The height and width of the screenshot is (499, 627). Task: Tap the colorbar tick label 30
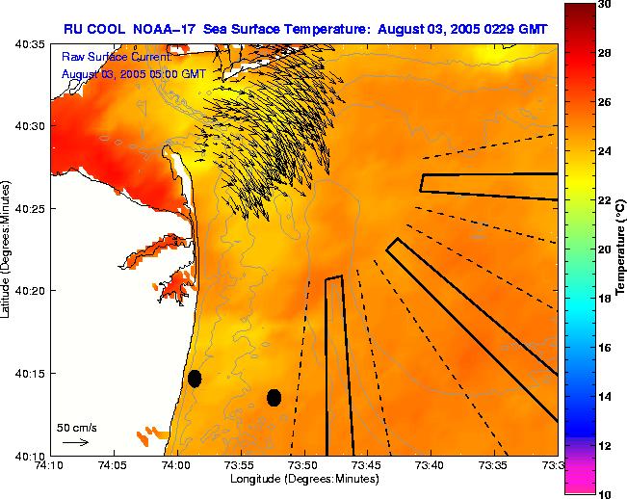click(603, 4)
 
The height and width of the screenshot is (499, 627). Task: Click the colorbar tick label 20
click(603, 249)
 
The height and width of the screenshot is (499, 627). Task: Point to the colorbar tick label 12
click(603, 445)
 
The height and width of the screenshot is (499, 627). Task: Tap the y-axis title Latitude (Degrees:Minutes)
click(7, 249)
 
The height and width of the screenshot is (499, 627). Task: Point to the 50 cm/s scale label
click(76, 427)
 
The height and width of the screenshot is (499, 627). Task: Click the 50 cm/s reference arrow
click(75, 442)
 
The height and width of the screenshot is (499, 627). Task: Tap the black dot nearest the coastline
click(195, 379)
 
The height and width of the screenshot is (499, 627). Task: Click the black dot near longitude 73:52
click(274, 397)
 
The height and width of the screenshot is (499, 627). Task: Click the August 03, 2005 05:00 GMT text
click(132, 73)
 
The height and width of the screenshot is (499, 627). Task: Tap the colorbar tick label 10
click(603, 493)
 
